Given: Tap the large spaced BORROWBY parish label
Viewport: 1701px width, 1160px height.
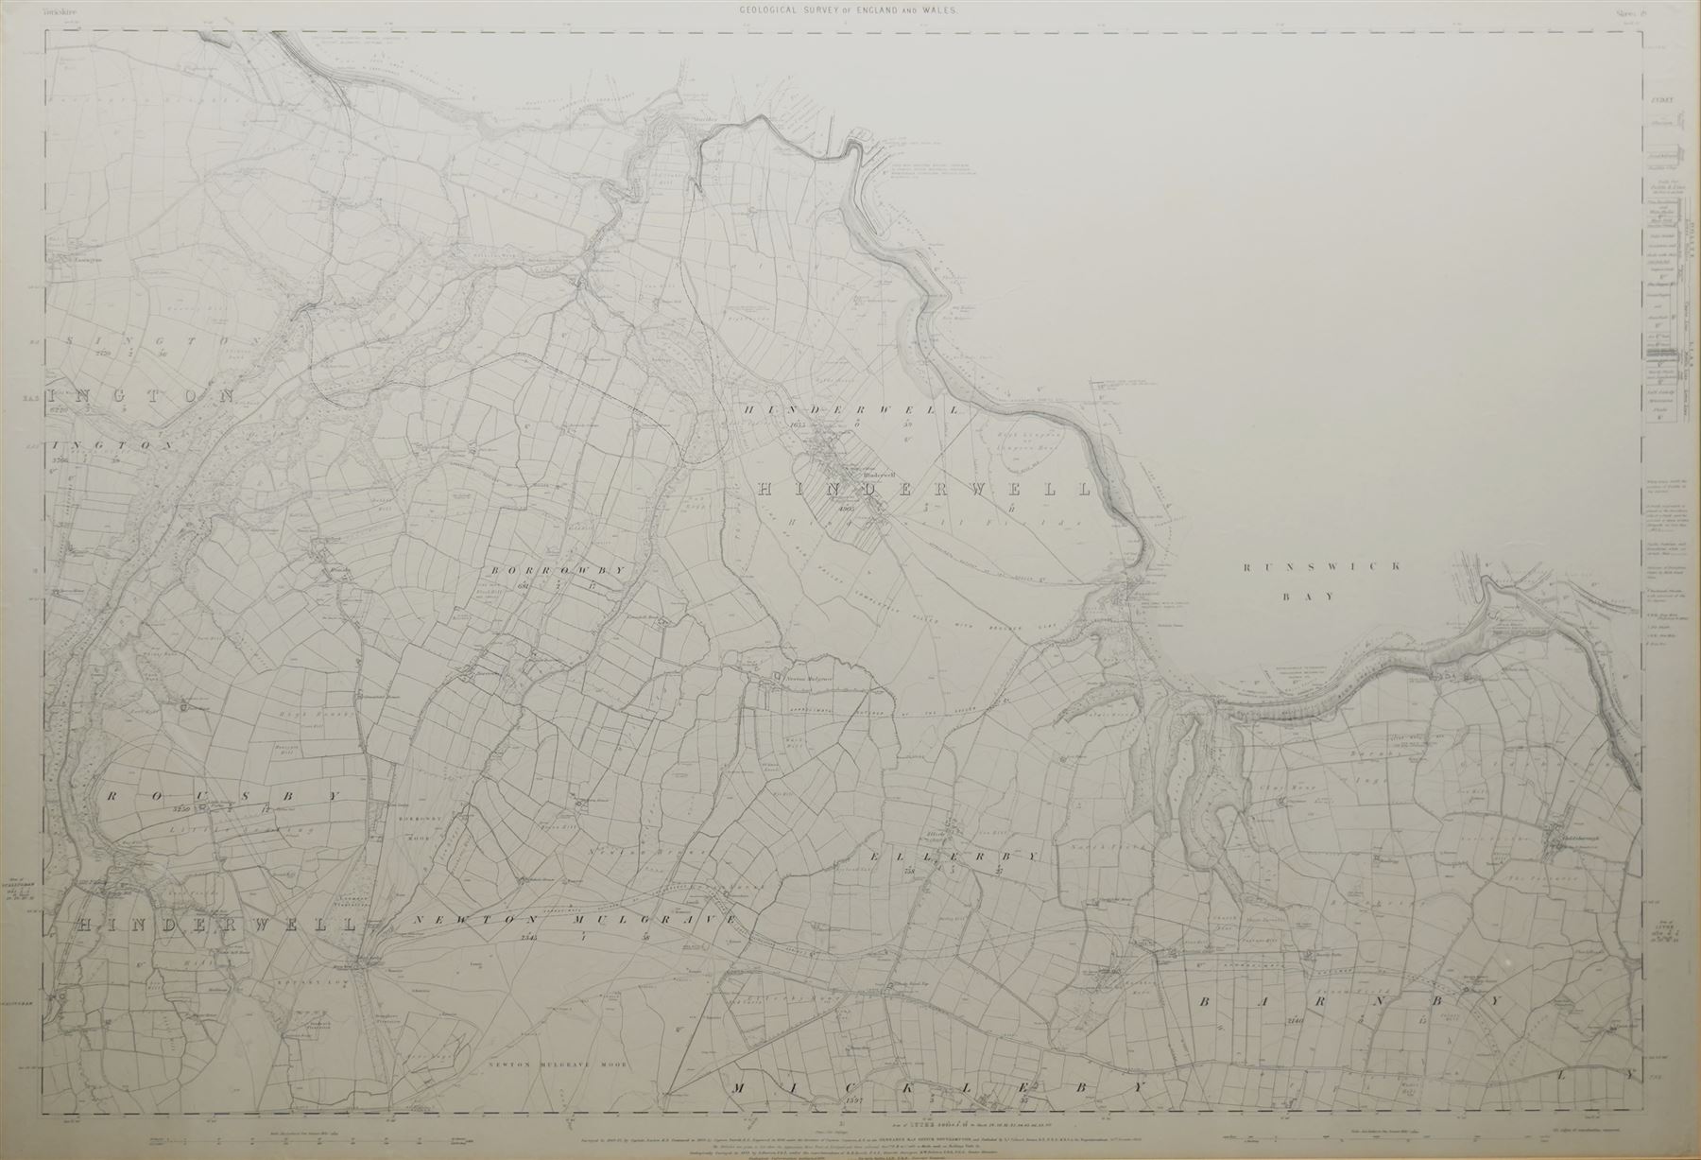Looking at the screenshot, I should click(558, 570).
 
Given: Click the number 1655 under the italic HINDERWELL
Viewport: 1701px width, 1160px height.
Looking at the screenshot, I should click(799, 425).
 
